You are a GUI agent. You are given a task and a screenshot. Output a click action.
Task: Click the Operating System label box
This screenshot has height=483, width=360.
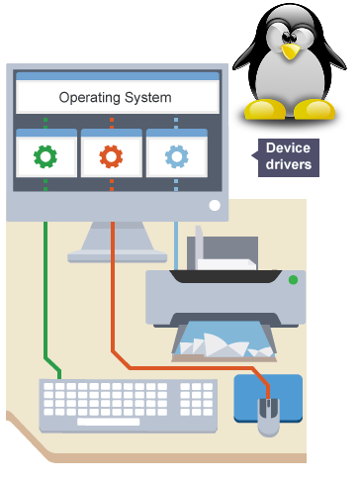[x=116, y=97]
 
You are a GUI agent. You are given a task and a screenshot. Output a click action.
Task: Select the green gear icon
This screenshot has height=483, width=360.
[x=45, y=155]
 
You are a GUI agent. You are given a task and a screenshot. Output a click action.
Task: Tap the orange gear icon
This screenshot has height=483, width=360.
[x=112, y=155]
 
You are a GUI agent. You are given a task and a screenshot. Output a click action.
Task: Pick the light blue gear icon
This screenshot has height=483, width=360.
[x=177, y=155]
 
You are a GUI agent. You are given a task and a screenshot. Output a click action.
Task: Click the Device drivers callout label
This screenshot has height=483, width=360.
[x=288, y=156]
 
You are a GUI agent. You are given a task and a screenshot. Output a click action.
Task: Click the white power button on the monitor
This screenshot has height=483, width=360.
[x=214, y=207]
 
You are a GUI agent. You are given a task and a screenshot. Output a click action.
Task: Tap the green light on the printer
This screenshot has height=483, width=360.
[x=292, y=281]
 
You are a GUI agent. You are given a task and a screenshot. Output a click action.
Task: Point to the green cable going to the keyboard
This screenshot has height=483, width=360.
[x=45, y=297]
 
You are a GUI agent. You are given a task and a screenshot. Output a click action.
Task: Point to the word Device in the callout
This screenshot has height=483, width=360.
[x=288, y=149]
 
